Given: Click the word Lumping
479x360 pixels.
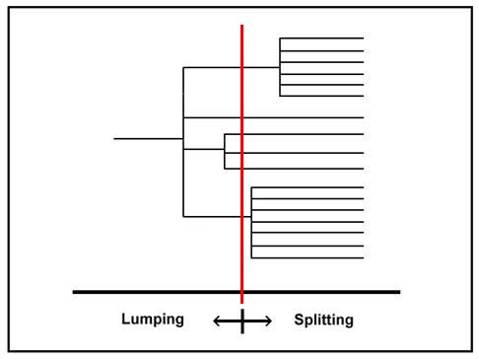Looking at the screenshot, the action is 153,320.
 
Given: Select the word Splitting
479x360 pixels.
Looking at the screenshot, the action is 324,320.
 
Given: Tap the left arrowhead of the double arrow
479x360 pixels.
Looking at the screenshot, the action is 217,321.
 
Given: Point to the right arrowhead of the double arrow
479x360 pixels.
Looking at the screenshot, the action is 268,321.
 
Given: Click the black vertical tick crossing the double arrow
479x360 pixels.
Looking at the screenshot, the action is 242,322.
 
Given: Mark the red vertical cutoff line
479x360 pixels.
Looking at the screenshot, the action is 242,164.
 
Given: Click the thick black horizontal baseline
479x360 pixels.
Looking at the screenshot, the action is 237,292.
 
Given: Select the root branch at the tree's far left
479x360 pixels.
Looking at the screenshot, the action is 149,139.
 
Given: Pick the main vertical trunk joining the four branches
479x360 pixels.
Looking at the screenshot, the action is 183,142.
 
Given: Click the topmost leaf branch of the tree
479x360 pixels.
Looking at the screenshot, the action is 321,38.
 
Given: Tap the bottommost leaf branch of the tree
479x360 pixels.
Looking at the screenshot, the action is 308,257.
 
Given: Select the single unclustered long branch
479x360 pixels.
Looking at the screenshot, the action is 273,117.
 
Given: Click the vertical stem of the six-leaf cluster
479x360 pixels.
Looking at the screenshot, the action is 280,67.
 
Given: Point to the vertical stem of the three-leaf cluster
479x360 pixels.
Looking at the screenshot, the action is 225,152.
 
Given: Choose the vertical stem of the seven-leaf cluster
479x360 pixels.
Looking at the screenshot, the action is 251,223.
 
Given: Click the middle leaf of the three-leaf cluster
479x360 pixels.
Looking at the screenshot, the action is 294,153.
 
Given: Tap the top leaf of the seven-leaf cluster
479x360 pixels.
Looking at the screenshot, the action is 308,187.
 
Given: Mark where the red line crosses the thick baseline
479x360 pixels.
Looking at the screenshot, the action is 242,292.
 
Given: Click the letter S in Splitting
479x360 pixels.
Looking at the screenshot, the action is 299,320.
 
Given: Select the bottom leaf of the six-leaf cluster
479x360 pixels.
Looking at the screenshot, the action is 321,96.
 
